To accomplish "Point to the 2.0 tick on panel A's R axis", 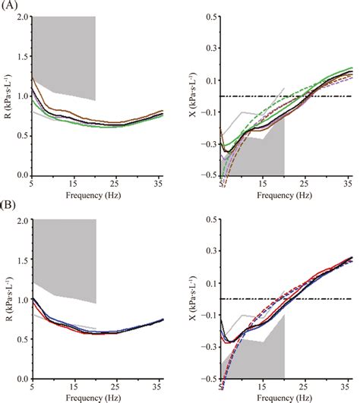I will pyautogui.click(x=22, y=17).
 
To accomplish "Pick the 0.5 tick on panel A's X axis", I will pyautogui.click(x=211, y=17).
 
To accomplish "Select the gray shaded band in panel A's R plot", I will pyautogui.click(x=65, y=53).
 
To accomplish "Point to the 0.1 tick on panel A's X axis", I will pyautogui.click(x=211, y=80).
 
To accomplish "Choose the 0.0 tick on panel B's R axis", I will pyautogui.click(x=22, y=378).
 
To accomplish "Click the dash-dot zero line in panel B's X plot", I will pyautogui.click(x=319, y=299).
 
